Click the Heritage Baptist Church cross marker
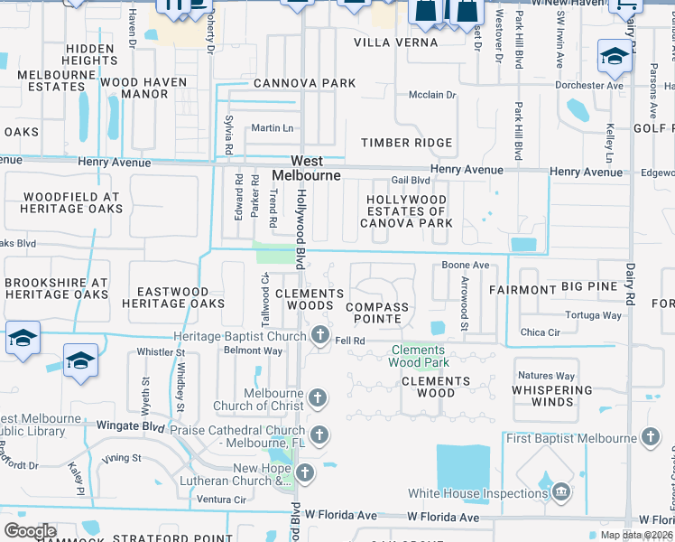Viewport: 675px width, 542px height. (319, 336)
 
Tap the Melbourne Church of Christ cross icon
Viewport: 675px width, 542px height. (317, 397)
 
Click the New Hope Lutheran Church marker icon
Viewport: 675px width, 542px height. (306, 472)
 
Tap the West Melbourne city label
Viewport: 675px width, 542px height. (306, 167)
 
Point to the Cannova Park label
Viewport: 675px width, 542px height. (305, 83)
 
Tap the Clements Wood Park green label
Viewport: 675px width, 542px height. (418, 356)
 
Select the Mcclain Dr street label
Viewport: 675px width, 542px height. (432, 94)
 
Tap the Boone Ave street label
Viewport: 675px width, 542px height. (465, 266)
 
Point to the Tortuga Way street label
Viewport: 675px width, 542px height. (593, 315)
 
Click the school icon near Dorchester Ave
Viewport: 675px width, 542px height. (615, 59)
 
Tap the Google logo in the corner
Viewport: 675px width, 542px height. (29, 531)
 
